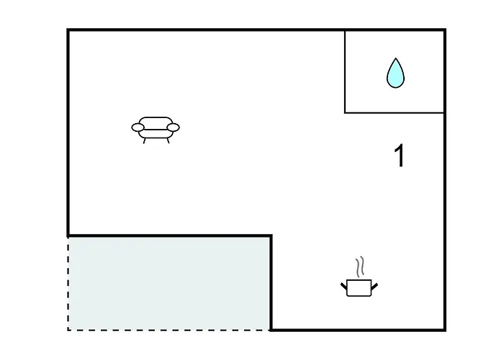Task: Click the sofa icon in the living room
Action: (x=156, y=130)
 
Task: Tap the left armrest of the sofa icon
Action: (x=138, y=127)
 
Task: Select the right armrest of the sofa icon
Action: (x=174, y=127)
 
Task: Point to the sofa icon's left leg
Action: (x=144, y=141)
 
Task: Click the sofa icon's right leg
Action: (x=168, y=141)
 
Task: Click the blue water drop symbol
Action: (x=395, y=73)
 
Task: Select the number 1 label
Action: (x=399, y=156)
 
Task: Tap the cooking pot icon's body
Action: (x=359, y=288)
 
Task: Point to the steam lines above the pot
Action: (x=360, y=266)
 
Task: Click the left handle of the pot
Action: (x=344, y=286)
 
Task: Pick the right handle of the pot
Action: (x=374, y=286)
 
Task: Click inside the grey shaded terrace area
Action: (x=169, y=284)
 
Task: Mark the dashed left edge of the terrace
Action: (x=68, y=284)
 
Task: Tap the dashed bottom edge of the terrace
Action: (x=168, y=330)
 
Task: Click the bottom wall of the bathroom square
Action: (x=395, y=113)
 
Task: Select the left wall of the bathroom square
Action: (x=345, y=71)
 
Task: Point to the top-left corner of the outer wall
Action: (x=68, y=30)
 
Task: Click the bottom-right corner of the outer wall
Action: (x=445, y=330)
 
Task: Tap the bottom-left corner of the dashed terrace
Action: (x=68, y=330)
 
